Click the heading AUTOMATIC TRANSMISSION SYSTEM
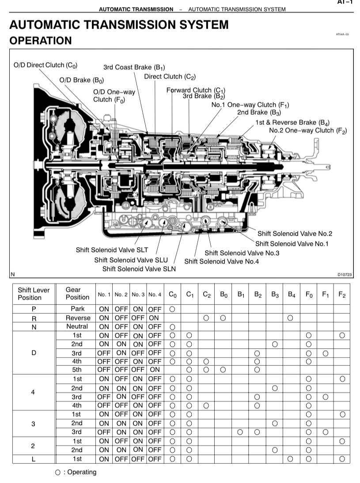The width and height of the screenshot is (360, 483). pyautogui.click(x=119, y=25)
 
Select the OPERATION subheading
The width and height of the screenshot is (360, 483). pyautogui.click(x=40, y=41)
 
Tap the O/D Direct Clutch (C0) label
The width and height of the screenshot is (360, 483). pyautogui.click(x=45, y=65)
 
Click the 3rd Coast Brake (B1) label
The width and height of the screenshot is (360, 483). pyautogui.click(x=134, y=68)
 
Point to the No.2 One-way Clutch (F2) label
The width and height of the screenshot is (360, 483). pyautogui.click(x=308, y=131)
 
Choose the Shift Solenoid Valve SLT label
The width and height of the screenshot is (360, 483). pyautogui.click(x=112, y=250)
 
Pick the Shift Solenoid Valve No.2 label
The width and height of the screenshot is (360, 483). pyautogui.click(x=295, y=234)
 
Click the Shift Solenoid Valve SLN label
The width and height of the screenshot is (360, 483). pyautogui.click(x=139, y=268)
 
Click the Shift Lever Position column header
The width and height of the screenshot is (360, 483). pyautogui.click(x=34, y=294)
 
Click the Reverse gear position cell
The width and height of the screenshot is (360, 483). pyautogui.click(x=78, y=318)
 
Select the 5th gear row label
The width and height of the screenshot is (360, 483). pyautogui.click(x=77, y=370)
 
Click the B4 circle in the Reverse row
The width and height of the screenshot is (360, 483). pyautogui.click(x=290, y=318)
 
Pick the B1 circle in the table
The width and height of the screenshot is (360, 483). pyautogui.click(x=240, y=432)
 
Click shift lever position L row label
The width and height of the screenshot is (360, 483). pyautogui.click(x=33, y=459)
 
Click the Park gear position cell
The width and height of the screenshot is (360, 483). pyautogui.click(x=78, y=309)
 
